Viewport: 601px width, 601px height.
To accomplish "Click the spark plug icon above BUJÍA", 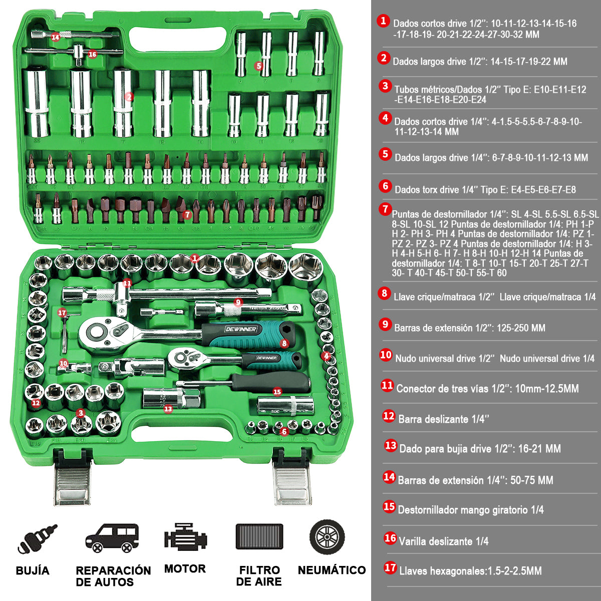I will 37,539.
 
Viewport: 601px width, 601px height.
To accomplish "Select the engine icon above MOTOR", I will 185,538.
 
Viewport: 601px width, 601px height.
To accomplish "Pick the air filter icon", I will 259,536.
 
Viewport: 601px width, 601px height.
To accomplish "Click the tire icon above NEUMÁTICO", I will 327,536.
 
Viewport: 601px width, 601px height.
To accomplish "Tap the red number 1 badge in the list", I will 383,21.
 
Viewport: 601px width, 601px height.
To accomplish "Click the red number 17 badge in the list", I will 390,567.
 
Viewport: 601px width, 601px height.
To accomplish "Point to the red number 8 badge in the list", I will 384,293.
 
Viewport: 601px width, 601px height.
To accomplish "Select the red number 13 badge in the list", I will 391,445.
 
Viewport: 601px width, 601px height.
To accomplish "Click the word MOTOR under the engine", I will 185,569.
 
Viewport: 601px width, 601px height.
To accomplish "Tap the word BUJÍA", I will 33,570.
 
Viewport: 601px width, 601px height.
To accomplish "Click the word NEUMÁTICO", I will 332,570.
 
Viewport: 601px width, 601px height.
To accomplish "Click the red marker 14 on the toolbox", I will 55,37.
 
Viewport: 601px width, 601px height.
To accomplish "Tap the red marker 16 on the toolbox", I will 92,54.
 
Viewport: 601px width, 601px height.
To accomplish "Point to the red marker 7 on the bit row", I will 187,214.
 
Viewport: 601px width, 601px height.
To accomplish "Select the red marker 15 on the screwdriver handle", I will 277,392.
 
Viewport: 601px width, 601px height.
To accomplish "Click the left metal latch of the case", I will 72,481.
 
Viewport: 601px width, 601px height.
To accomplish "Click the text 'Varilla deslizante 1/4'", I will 443,541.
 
